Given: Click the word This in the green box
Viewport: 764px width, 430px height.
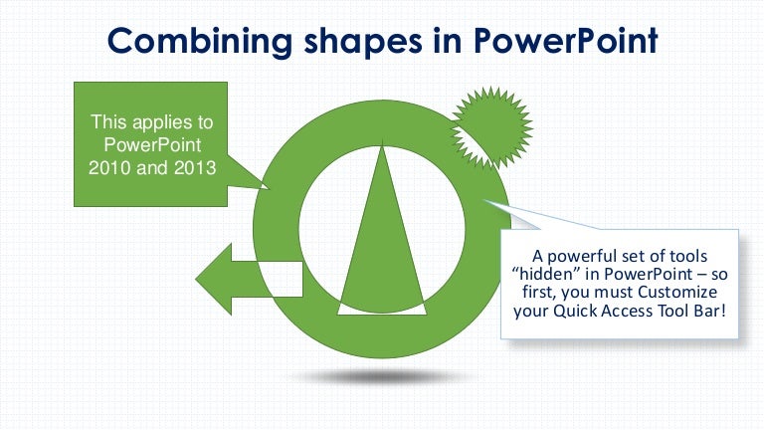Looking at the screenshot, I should point(108,122).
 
